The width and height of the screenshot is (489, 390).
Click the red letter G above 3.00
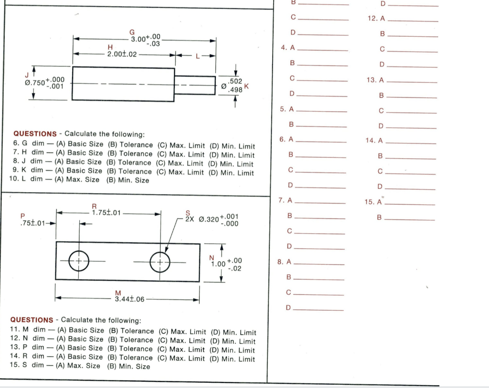point(132,32)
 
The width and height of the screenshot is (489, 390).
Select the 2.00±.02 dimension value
point(122,54)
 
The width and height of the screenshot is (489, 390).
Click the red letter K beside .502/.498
point(247,86)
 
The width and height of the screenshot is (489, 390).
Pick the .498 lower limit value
point(236,90)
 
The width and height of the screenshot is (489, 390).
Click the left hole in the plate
point(79,261)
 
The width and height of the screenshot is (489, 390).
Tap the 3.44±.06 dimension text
point(129,299)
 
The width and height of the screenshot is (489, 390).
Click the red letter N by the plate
point(212,257)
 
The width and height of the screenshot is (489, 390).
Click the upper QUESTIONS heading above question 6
point(35,134)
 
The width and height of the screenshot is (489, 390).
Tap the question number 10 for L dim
point(14,180)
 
